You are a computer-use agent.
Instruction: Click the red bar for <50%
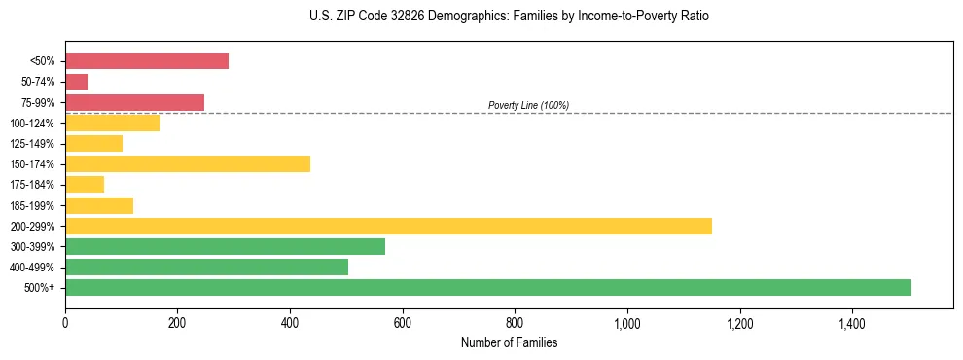[147, 61]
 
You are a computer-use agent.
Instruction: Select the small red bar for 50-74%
[77, 82]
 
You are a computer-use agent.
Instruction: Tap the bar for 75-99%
[135, 102]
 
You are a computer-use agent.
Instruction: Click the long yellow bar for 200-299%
[389, 226]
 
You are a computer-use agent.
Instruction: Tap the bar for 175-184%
[85, 184]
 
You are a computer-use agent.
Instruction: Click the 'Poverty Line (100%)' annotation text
[528, 105]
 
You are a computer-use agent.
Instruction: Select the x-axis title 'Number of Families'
[510, 342]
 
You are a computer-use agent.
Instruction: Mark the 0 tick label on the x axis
[65, 323]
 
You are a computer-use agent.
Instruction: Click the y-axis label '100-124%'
[32, 124]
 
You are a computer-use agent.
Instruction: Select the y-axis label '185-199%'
[32, 205]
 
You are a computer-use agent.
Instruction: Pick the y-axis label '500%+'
[38, 288]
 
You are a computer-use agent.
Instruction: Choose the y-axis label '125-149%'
[32, 144]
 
